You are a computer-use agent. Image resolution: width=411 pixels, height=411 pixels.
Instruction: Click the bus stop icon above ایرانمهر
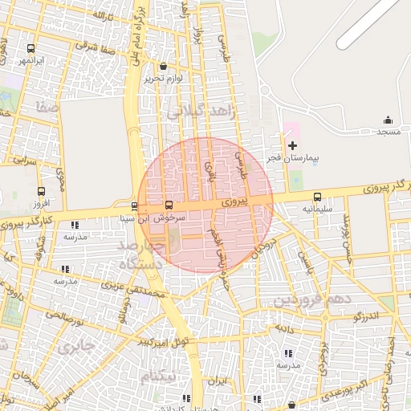(31, 48)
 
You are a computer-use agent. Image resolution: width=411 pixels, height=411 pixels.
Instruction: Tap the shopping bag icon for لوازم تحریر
(164, 67)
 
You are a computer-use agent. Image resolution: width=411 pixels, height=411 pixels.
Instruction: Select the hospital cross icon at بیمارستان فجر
(292, 145)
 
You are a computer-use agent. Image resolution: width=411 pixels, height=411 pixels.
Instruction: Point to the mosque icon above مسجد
(388, 120)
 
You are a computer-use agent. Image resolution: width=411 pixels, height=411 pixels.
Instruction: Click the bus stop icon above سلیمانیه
(317, 197)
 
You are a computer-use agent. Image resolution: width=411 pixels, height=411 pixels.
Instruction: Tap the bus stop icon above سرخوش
(169, 205)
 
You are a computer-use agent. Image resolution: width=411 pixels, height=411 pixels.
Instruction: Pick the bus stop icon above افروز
(42, 192)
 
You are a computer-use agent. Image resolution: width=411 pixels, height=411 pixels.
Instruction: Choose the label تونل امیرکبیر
(164, 341)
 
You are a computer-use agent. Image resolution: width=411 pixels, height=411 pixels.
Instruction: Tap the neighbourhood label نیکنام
(157, 376)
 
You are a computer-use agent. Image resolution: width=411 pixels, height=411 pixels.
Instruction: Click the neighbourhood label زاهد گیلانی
(201, 114)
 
